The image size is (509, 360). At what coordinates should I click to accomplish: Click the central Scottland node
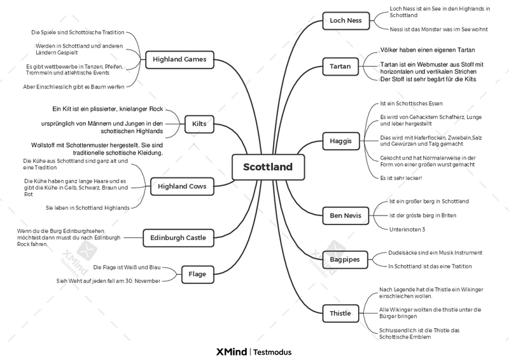coord(268,167)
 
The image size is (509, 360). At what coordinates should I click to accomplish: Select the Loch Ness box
coord(345,20)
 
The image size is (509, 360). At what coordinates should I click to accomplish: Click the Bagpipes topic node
coord(345,260)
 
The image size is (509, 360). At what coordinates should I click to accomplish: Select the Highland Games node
coord(179,59)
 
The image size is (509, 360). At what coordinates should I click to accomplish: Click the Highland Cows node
coord(182,187)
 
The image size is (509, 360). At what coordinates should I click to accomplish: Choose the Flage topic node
coord(197,275)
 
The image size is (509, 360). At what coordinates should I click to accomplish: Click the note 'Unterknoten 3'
coord(407,229)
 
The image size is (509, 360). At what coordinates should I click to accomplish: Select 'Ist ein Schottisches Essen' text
coord(410,103)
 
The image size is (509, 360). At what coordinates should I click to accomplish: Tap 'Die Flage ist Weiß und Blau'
coord(127,267)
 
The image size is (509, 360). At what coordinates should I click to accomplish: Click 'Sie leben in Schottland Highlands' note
coord(87,207)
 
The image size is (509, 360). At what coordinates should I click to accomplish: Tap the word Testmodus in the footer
coord(272,352)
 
